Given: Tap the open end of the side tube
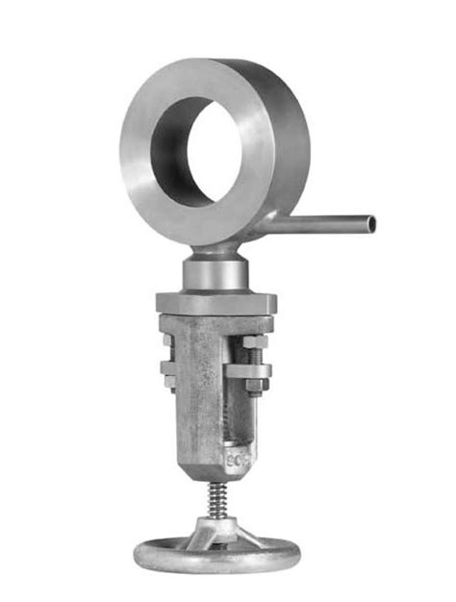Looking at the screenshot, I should (x=371, y=224).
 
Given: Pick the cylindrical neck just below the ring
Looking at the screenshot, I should (x=216, y=275).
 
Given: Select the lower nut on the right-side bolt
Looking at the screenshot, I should (x=254, y=386).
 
